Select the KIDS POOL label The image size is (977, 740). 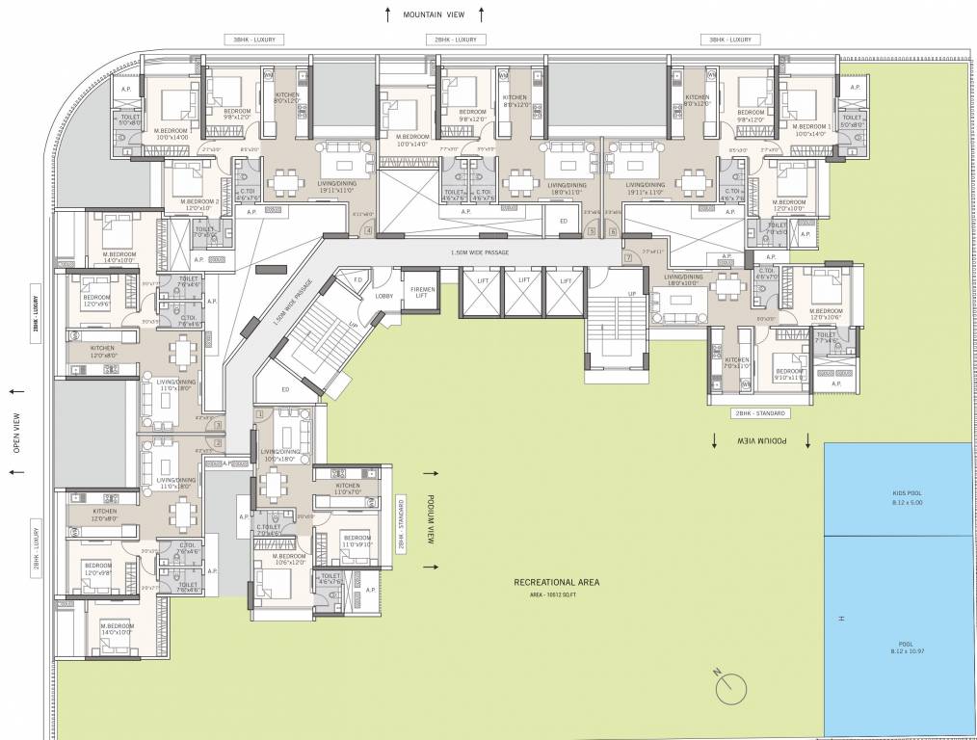(907, 492)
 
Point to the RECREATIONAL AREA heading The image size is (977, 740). (557, 583)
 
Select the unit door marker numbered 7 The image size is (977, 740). (627, 257)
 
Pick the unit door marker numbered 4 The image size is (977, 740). (368, 230)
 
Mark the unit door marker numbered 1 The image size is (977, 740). (220, 461)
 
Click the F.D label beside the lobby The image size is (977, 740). (357, 280)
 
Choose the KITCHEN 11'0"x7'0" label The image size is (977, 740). (349, 489)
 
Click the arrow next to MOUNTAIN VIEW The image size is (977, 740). (387, 14)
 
